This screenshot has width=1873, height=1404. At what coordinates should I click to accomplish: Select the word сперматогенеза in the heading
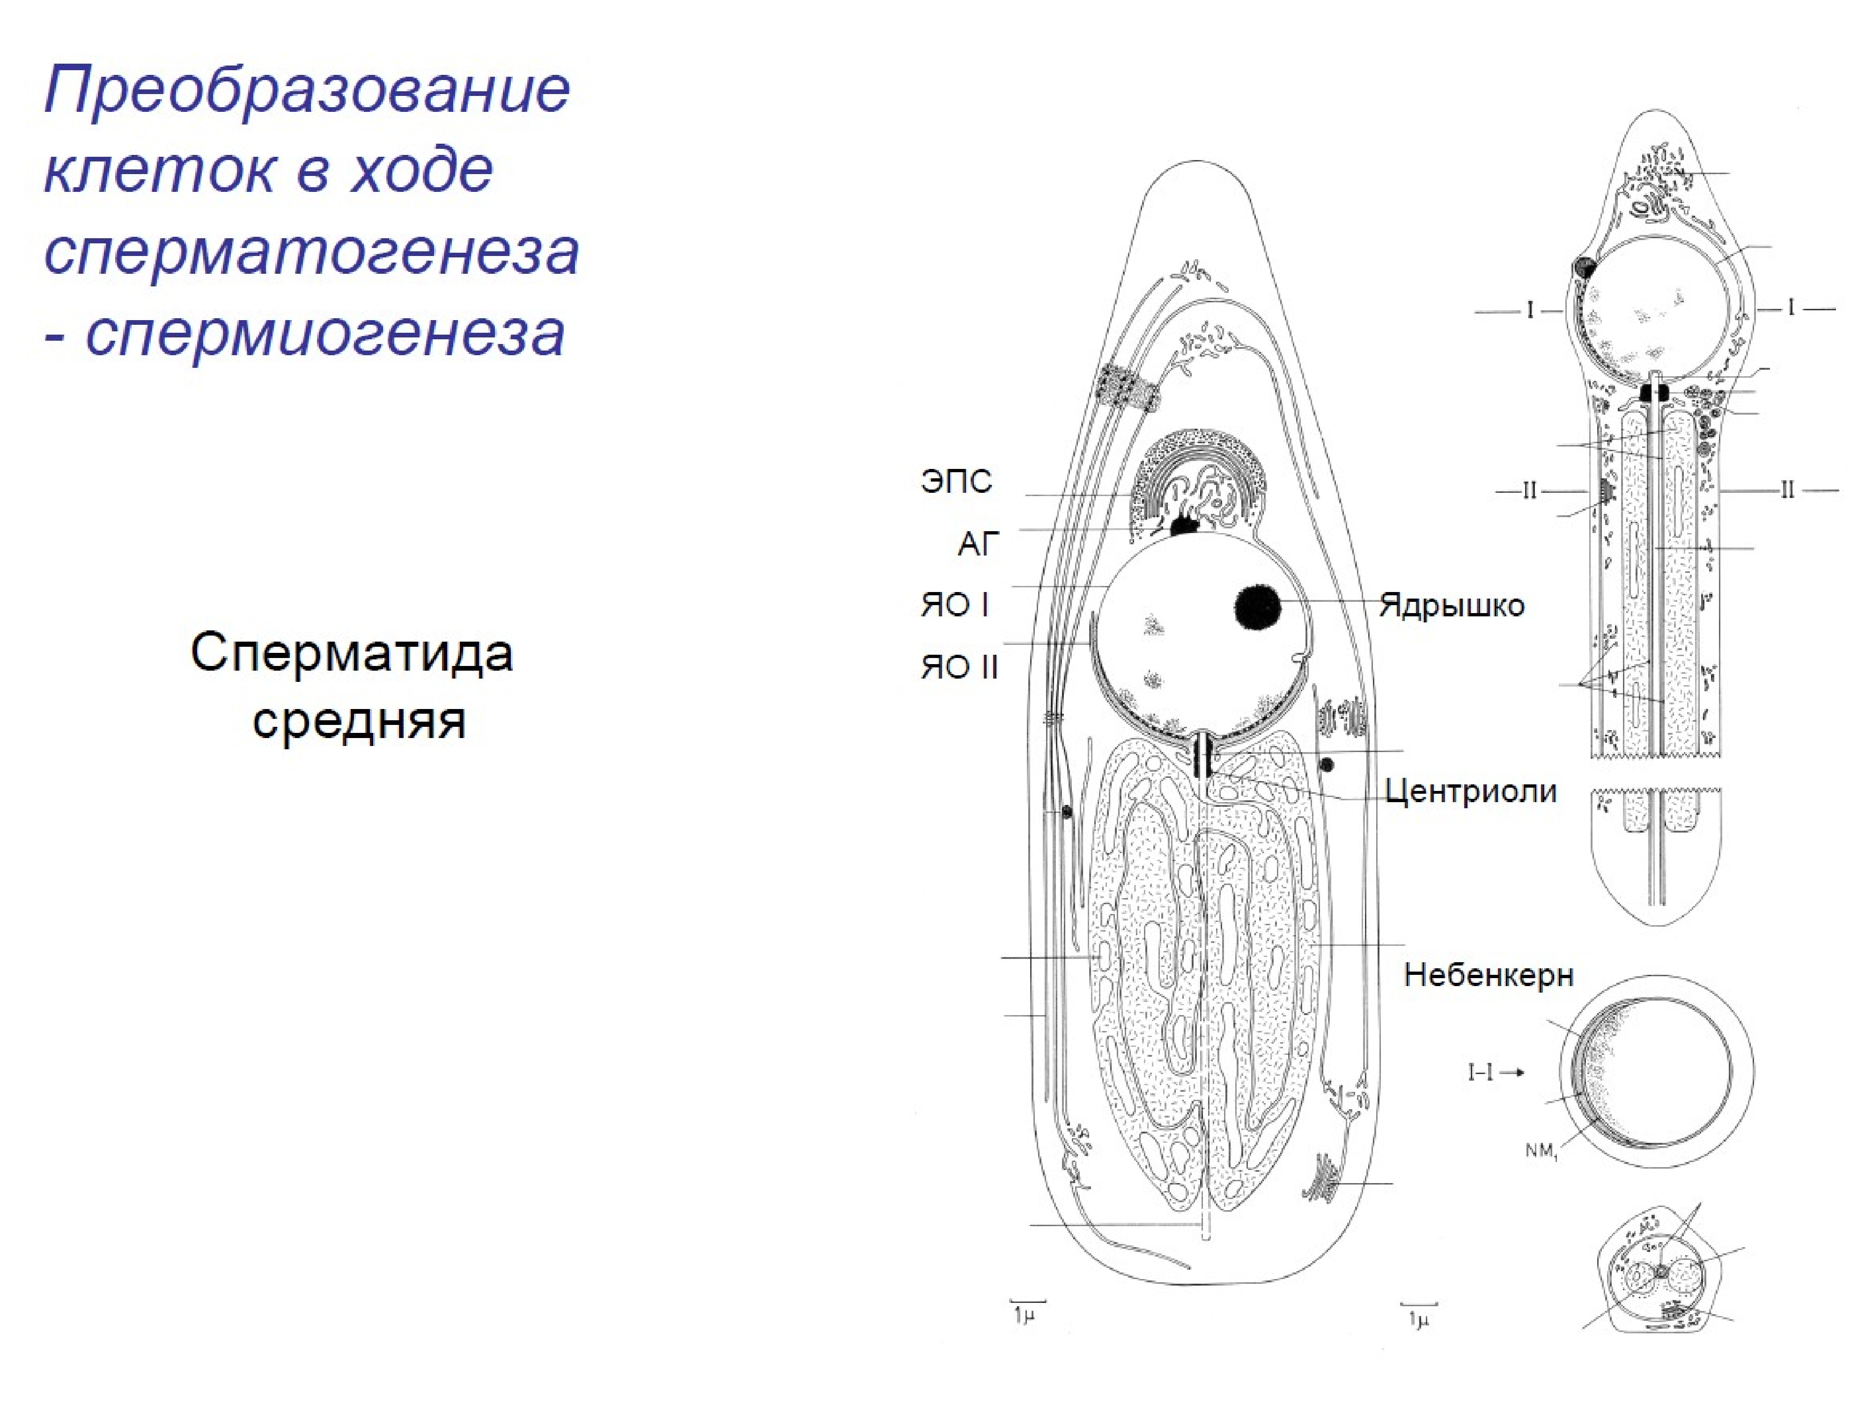pyautogui.click(x=311, y=252)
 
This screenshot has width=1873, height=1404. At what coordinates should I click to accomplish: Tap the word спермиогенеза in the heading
pyautogui.click(x=325, y=333)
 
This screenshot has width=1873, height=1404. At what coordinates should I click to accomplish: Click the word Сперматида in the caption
pyautogui.click(x=351, y=653)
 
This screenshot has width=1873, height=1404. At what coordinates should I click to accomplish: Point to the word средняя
pyautogui.click(x=359, y=721)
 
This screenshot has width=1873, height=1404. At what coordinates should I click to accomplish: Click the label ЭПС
pyautogui.click(x=956, y=482)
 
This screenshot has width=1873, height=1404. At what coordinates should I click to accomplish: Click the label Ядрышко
pyautogui.click(x=1451, y=606)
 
